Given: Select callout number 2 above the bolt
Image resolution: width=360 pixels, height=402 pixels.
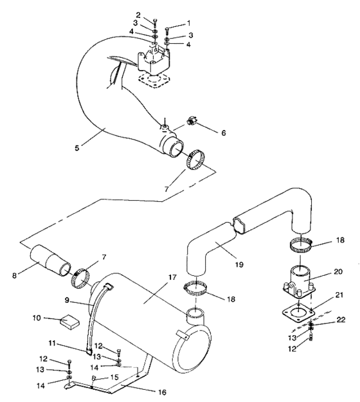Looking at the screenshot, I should (x=138, y=15).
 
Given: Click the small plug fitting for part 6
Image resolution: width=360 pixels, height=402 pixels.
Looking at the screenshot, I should (x=192, y=120).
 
